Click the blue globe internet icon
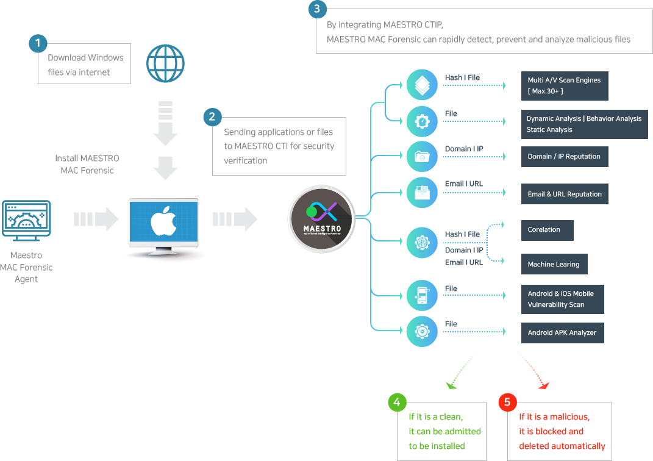coord(165,63)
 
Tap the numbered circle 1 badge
coord(38,43)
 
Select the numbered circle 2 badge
coord(212,116)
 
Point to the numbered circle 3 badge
coord(317,9)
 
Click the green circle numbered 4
coord(397,402)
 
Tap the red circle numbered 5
coord(507,402)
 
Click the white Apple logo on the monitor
coord(163,221)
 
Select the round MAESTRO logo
coord(321,219)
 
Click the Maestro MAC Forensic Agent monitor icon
coord(26,221)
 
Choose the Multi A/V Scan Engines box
coord(565,86)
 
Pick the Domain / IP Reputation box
coord(565,157)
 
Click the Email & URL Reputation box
coord(565,194)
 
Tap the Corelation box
coord(548,230)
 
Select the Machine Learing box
coord(554,264)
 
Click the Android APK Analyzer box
coord(563,333)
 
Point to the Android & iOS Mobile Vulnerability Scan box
coord(563,299)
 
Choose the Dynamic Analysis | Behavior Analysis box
coord(584,124)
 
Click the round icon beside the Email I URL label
coord(422,193)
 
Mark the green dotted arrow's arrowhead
coord(451,385)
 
